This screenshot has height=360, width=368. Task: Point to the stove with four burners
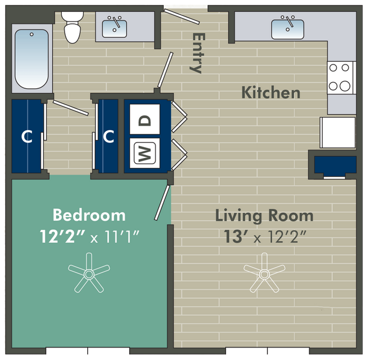click(341, 77)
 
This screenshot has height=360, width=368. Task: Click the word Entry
click(196, 53)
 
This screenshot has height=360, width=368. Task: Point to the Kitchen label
click(271, 92)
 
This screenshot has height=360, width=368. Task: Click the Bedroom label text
click(89, 215)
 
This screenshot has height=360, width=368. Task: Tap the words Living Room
click(264, 216)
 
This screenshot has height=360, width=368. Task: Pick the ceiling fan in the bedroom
click(89, 274)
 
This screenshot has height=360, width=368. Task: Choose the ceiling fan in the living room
click(264, 273)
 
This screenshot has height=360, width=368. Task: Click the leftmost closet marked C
click(27, 136)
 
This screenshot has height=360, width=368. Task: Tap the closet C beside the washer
click(109, 136)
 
